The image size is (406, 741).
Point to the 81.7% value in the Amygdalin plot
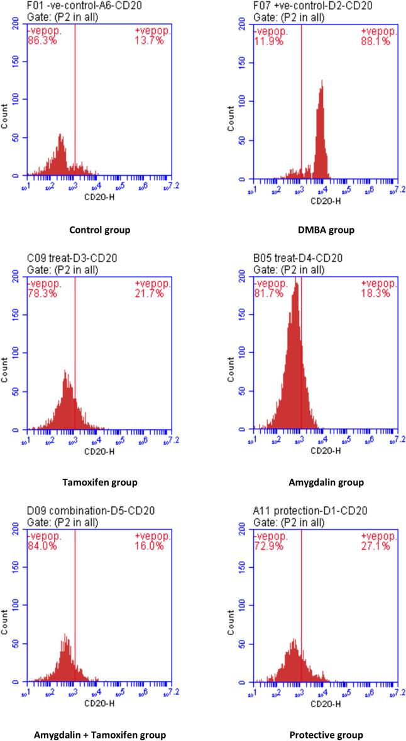[264, 294]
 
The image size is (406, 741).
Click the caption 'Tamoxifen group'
[101, 482]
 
